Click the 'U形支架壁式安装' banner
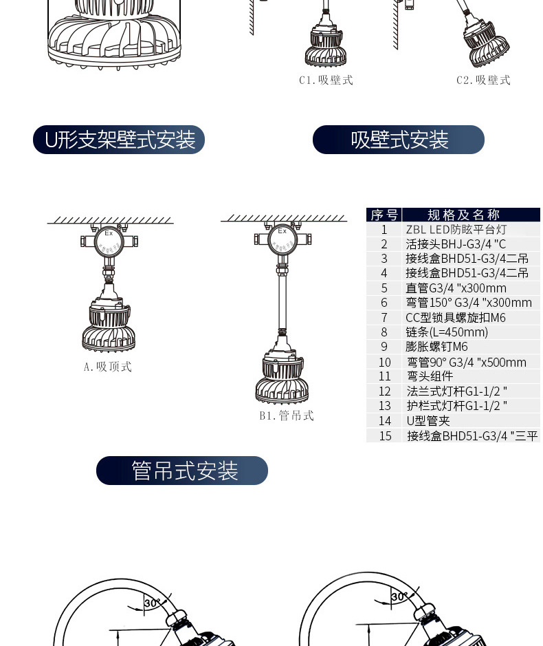[x=118, y=140]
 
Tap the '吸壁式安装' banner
[x=399, y=140]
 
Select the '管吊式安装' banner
[x=182, y=471]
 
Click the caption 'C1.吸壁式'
[x=326, y=80]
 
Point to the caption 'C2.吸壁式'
[x=483, y=80]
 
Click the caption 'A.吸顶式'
[x=108, y=367]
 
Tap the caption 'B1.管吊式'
[x=287, y=416]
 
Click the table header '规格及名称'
[x=463, y=215]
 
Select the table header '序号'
[x=384, y=215]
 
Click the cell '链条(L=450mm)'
[x=447, y=332]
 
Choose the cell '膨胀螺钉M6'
[x=436, y=347]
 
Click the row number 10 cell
[x=384, y=362]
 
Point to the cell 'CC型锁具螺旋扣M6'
[x=456, y=318]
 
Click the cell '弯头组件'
[x=430, y=376]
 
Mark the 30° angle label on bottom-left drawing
[x=151, y=603]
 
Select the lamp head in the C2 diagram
[x=487, y=43]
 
